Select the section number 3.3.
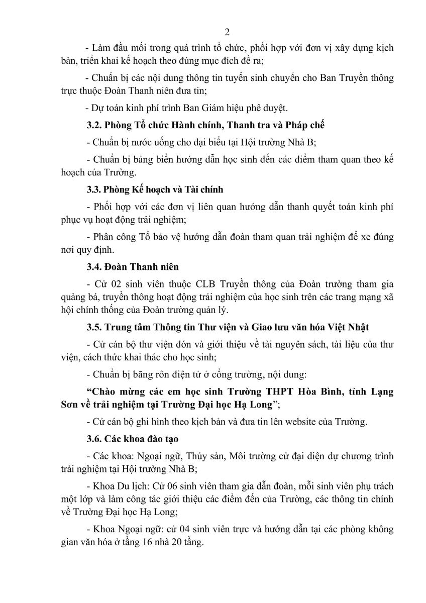(x=93, y=189)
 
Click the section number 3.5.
(x=93, y=327)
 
